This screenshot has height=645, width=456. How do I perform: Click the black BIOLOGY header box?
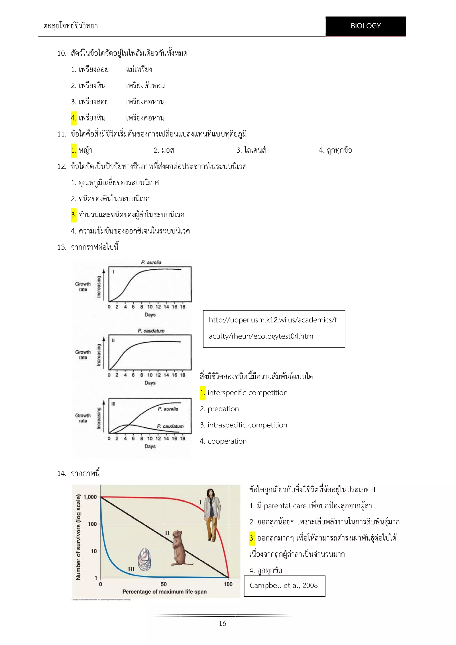click(x=365, y=26)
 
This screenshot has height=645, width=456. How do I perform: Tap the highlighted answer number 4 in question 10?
click(x=73, y=118)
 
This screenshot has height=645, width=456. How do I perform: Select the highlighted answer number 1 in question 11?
click(x=73, y=150)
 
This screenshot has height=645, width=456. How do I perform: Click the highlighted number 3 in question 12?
click(x=73, y=215)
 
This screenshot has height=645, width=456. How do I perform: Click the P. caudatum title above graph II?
click(x=151, y=331)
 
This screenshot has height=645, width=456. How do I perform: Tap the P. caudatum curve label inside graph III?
click(x=170, y=426)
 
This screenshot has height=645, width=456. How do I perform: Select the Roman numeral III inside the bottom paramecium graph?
click(x=113, y=404)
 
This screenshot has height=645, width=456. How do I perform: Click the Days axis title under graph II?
click(x=150, y=383)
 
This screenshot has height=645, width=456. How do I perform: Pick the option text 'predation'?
click(x=223, y=409)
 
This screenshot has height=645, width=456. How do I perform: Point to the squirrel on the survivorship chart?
click(x=180, y=548)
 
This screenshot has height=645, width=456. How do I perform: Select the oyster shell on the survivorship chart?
click(x=144, y=559)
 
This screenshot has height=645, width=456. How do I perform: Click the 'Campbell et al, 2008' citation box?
click(x=284, y=586)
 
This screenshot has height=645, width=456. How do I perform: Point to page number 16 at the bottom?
click(x=222, y=623)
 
